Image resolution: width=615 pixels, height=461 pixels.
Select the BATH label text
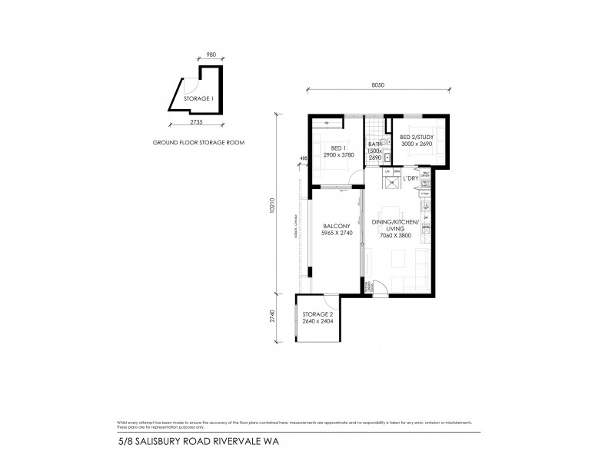pos(375,144)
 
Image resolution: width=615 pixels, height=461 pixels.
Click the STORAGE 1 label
pos(197,98)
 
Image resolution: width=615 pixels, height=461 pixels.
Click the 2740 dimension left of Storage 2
pos(273,317)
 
